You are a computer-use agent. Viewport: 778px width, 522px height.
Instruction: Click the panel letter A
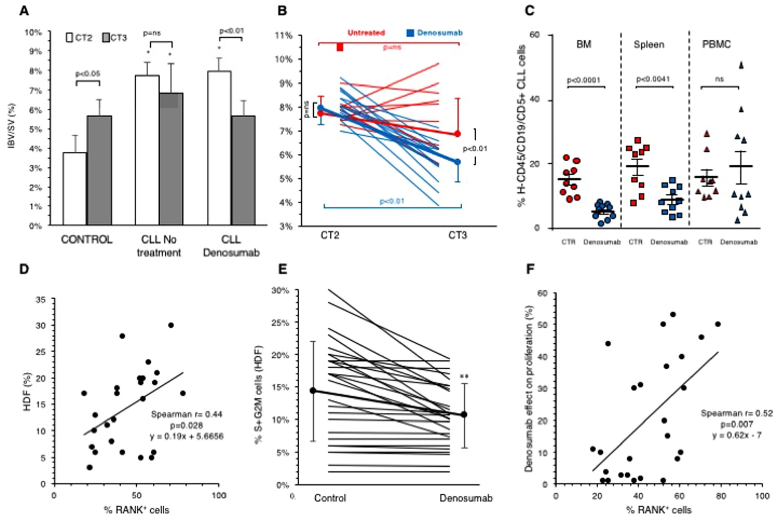(24, 11)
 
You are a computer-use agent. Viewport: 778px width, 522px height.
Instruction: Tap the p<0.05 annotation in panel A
(88, 74)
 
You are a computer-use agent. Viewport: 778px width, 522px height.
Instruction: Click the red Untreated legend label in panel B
(366, 33)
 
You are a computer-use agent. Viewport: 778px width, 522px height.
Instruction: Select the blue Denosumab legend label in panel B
(439, 33)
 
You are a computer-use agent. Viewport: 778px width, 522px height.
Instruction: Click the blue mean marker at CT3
(458, 162)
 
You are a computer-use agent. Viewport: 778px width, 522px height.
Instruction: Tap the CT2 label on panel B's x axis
(330, 235)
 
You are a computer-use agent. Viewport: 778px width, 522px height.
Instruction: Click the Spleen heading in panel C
(649, 44)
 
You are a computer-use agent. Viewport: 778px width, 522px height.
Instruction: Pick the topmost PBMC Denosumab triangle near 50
(741, 65)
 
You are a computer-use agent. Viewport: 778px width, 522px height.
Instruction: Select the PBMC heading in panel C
(716, 44)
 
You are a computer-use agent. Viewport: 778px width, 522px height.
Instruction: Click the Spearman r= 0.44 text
(187, 414)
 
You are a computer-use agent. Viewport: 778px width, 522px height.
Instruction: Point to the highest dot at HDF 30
(171, 325)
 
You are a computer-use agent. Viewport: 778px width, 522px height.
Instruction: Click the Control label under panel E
(330, 498)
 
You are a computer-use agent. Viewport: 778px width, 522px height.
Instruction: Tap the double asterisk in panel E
(464, 377)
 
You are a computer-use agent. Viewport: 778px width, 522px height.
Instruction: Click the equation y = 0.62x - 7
(737, 435)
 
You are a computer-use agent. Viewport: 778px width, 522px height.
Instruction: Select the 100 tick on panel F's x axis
(762, 496)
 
